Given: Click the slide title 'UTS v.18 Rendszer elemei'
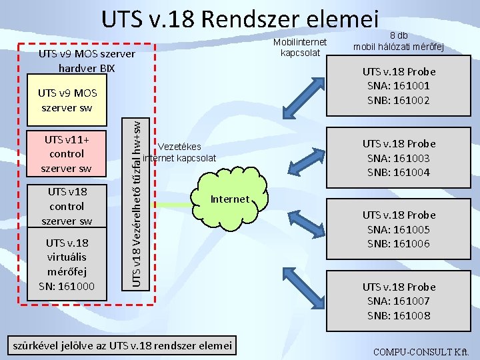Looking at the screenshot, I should (x=240, y=19).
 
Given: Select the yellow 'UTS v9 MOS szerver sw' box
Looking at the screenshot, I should (x=67, y=101).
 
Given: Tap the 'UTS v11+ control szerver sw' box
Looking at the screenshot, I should (x=66, y=154).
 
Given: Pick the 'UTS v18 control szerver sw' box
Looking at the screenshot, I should (x=66, y=206).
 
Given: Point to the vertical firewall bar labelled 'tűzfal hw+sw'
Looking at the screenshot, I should (x=136, y=200).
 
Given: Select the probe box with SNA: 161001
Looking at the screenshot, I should (x=399, y=86).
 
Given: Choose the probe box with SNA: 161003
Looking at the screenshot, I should (x=399, y=158).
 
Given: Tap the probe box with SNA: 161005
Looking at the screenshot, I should (x=399, y=229).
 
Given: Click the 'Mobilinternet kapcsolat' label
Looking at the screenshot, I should (x=301, y=47).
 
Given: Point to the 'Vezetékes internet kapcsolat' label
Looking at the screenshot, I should (x=180, y=152).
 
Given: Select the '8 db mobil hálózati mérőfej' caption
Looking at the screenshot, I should (x=399, y=41).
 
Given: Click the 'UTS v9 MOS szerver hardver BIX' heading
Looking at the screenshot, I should (x=87, y=61).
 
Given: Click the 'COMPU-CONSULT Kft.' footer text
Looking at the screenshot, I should (x=421, y=351).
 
